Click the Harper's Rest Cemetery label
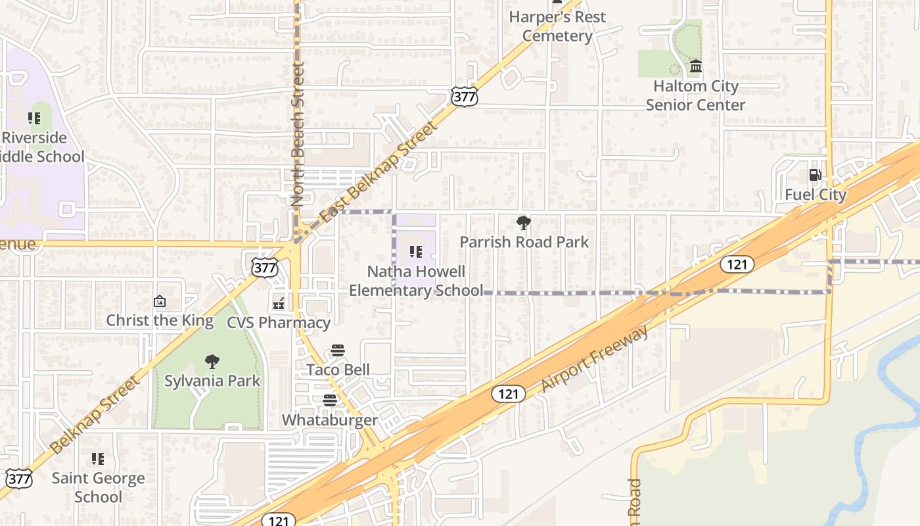pos(557,26)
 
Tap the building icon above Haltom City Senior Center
pos(696,66)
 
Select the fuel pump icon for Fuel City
pos(815,175)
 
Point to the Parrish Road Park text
pos(524,242)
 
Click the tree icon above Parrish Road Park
pos(523,223)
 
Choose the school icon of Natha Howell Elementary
pos(415,251)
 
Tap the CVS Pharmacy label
pos(279,322)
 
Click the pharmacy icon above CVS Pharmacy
pos(279,303)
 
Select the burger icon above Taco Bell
pos(338,350)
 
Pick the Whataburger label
pos(330,420)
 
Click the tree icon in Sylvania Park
pos(212,361)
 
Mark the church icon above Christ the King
pos(159,302)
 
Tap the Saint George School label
pos(98,487)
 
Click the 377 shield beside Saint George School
pos(19,479)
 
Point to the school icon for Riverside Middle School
pos(34,118)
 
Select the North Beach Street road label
pos(299,135)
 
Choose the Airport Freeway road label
pos(594,358)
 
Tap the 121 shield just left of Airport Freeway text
pos(508,393)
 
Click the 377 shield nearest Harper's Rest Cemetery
pos(464,97)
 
